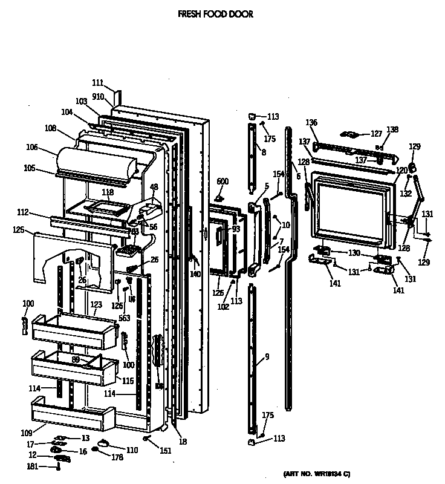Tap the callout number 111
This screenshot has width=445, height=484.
pos(98,83)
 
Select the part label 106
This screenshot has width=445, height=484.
pos(32,147)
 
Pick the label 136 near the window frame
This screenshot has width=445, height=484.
pos(311,123)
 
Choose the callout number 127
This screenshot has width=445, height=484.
pos(376,134)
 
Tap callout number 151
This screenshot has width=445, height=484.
pos(165,451)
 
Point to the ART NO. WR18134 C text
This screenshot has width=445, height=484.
pos(316,473)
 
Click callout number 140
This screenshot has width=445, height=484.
pos(195,274)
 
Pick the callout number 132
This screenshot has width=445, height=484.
pos(406,194)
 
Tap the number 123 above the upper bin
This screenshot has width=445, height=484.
pos(96,304)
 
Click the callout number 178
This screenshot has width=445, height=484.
pos(117,457)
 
